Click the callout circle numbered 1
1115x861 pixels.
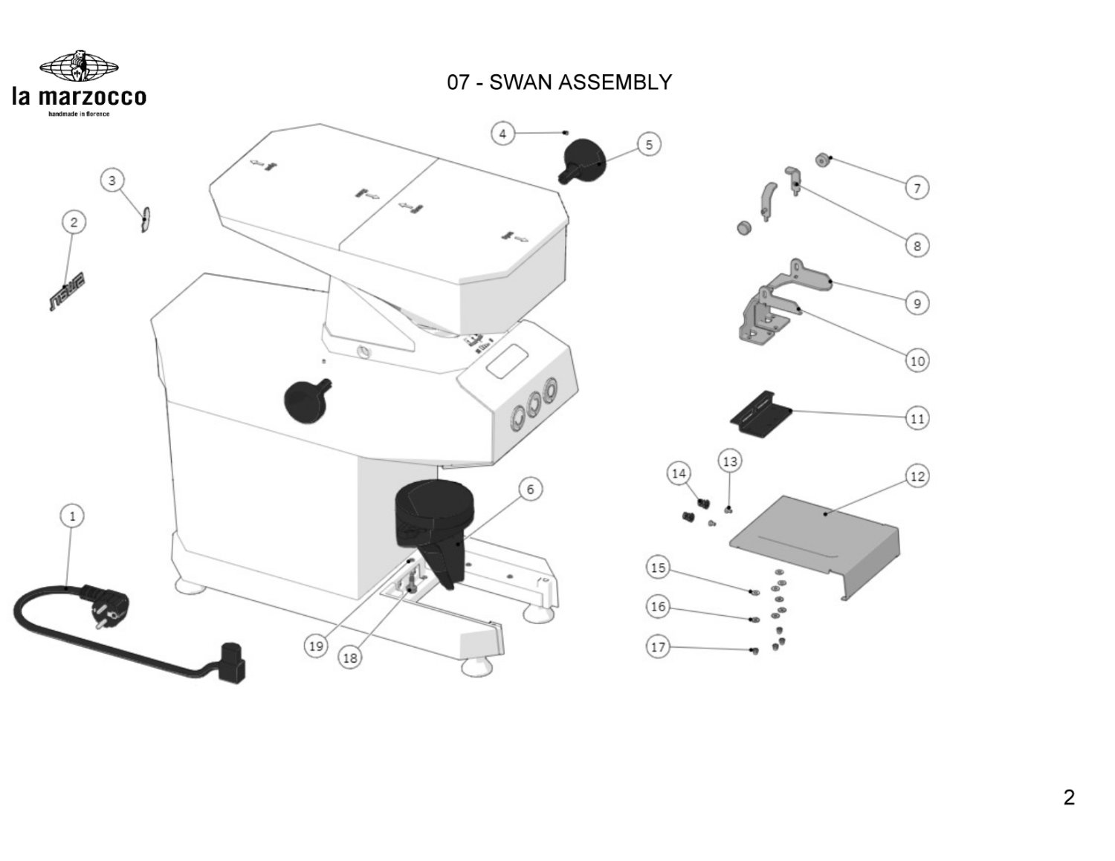(72, 516)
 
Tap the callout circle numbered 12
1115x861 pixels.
(917, 476)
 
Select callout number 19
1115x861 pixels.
(316, 646)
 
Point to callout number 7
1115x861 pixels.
(917, 188)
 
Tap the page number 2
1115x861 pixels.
(1069, 798)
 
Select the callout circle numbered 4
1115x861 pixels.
(502, 134)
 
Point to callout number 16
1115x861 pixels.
(658, 607)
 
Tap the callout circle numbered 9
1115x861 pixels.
(917, 303)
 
